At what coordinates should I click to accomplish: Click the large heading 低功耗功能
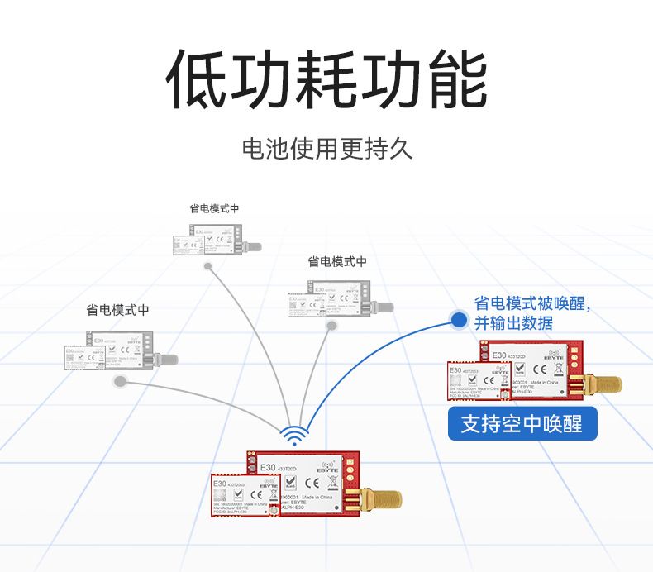tap(326, 80)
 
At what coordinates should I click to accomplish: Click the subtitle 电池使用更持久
tap(326, 150)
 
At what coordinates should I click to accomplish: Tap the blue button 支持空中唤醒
tap(522, 425)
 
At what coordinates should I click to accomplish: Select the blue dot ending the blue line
tap(459, 319)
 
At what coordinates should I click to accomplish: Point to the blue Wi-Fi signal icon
tap(293, 435)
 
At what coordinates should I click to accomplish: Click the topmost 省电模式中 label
tap(214, 208)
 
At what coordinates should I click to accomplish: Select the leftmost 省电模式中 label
tap(117, 310)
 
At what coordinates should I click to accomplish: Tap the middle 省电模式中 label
tap(337, 262)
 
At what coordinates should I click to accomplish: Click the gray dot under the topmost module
tap(209, 266)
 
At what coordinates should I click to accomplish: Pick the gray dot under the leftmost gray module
tap(121, 381)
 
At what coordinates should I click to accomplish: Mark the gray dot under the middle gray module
tap(331, 326)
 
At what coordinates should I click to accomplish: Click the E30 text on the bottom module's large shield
tap(267, 468)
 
